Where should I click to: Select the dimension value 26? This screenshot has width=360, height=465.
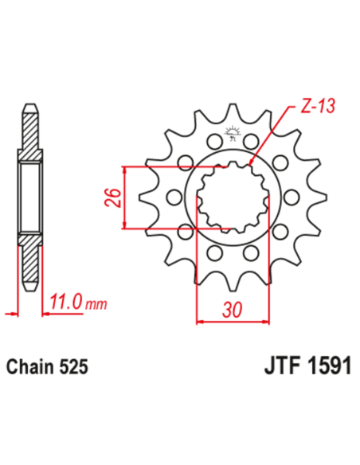112,196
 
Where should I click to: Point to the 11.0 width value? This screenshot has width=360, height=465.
67,303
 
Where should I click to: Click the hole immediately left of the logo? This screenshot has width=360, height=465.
213,142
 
